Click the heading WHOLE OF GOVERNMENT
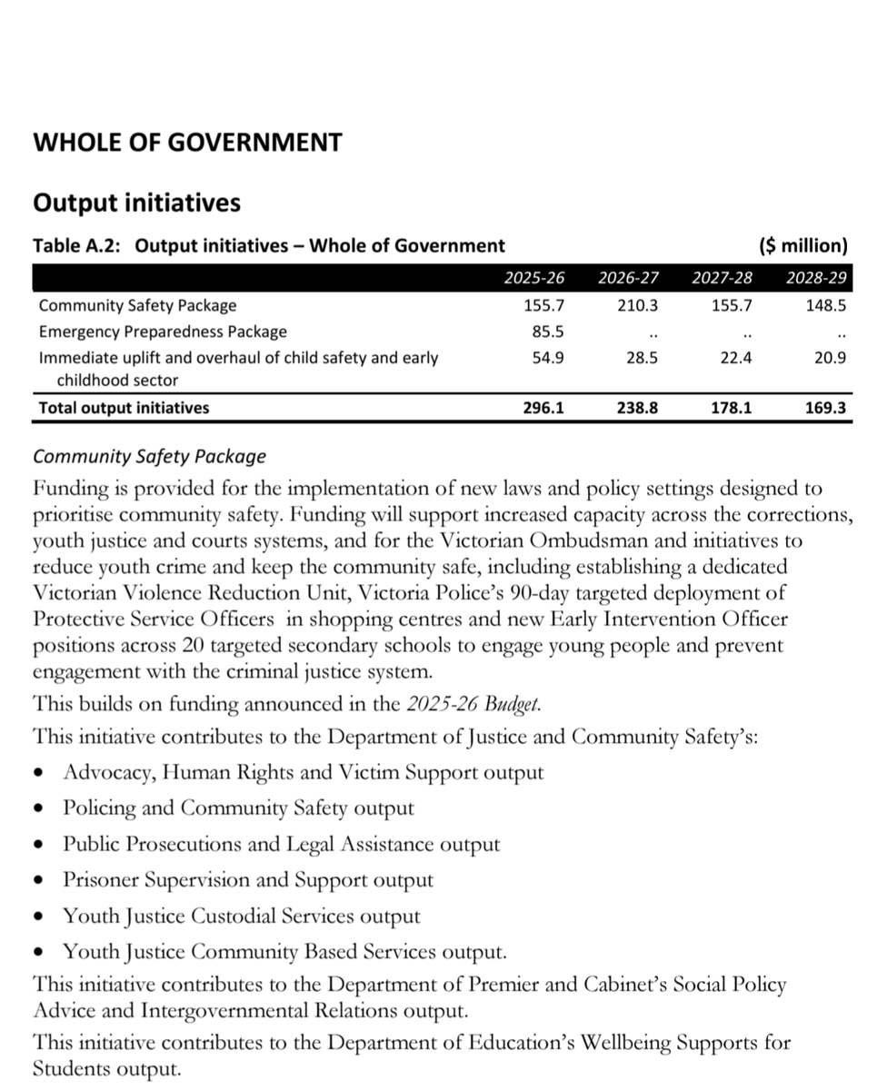coord(187,143)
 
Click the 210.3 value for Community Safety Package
coord(637,306)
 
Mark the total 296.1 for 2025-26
coord(544,408)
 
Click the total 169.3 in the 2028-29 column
coord(826,408)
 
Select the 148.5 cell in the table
coord(826,306)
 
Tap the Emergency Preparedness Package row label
coord(163,332)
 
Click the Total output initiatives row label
coord(124,408)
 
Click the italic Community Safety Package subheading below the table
coord(150,456)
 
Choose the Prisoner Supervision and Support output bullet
coord(247,880)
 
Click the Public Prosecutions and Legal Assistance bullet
coord(281,844)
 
